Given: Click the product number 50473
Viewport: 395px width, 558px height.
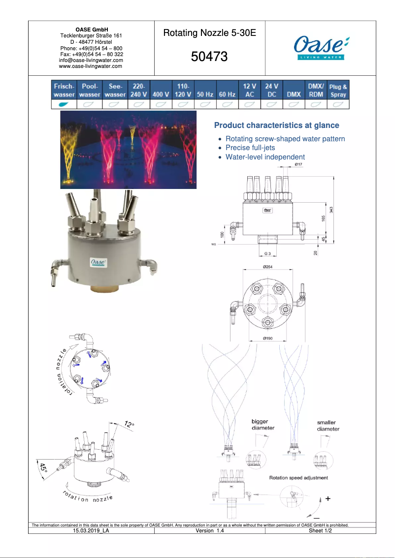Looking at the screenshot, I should pyautogui.click(x=209, y=57).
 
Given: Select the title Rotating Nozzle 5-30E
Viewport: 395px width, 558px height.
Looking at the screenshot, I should pyautogui.click(x=209, y=33).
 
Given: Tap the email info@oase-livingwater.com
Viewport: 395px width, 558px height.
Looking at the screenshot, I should pyautogui.click(x=91, y=60).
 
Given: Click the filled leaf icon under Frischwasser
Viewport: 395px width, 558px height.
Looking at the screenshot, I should pyautogui.click(x=64, y=104).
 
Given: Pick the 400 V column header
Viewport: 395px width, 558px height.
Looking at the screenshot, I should pyautogui.click(x=161, y=94).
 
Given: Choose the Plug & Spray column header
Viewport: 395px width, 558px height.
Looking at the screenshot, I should pyautogui.click(x=338, y=91).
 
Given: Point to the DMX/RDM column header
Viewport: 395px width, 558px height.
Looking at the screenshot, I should pyautogui.click(x=316, y=90).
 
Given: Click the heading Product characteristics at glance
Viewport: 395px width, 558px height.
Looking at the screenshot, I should pyautogui.click(x=276, y=125).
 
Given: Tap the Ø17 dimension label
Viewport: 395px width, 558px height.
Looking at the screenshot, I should pyautogui.click(x=298, y=164).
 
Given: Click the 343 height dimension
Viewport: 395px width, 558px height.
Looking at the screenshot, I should pyautogui.click(x=332, y=210).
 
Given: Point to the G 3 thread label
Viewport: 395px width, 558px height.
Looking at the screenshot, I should pyautogui.click(x=267, y=253).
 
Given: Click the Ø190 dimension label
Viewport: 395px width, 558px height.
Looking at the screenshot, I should pyautogui.click(x=268, y=339).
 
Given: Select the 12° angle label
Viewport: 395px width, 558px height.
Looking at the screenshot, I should pyautogui.click(x=129, y=424).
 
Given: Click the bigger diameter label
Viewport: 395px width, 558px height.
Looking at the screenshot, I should pyautogui.click(x=263, y=425).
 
